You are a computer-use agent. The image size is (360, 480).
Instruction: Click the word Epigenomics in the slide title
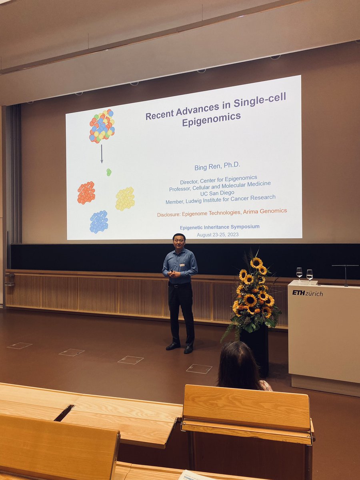point(212,119)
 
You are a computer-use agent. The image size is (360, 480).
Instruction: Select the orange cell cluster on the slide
point(86,193)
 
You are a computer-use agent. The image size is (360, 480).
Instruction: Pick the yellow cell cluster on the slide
point(125,199)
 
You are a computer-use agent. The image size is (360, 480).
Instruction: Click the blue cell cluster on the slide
point(99,222)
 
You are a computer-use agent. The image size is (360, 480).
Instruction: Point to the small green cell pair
point(108,172)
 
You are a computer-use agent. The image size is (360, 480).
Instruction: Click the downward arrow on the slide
point(102,154)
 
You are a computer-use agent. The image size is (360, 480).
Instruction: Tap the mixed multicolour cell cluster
point(102,126)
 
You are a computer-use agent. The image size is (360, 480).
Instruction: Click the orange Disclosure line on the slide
point(222,212)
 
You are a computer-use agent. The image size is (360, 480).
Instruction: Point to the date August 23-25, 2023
point(218,234)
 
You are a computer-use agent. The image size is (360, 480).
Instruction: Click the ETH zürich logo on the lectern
point(307,293)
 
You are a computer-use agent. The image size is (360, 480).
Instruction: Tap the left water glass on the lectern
point(299,274)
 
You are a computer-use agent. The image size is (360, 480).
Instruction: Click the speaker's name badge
point(182,264)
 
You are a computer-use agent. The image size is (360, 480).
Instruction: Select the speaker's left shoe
point(189,349)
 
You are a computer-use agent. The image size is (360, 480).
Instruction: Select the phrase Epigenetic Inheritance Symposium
point(220,227)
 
